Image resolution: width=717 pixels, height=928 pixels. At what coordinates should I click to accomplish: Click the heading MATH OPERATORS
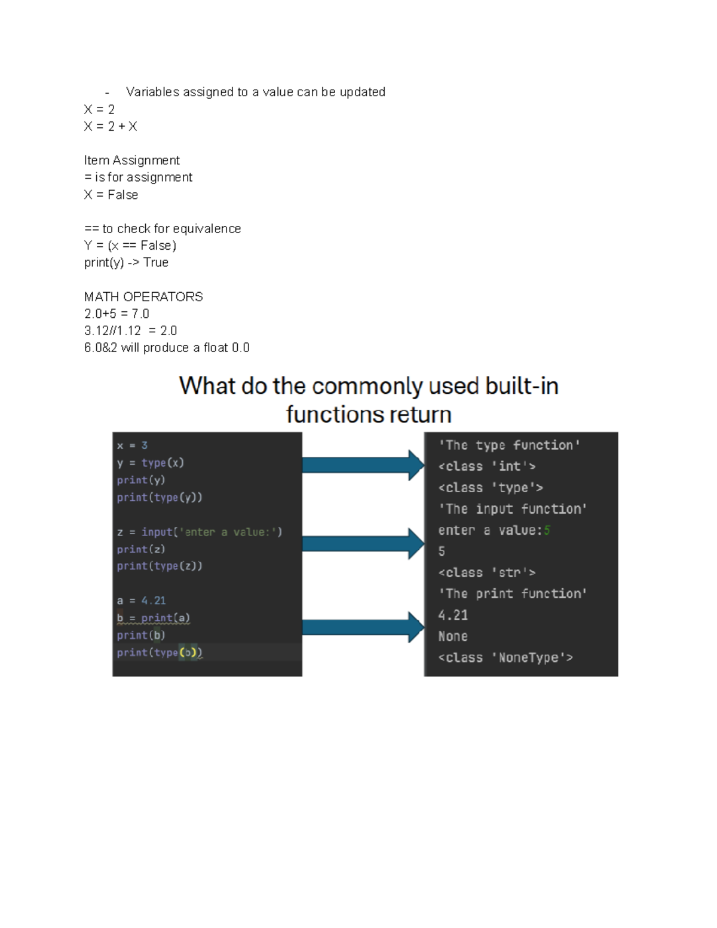tap(143, 297)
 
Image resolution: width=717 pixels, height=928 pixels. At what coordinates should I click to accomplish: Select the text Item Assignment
tap(131, 160)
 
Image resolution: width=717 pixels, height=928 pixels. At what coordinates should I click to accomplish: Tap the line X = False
tap(111, 195)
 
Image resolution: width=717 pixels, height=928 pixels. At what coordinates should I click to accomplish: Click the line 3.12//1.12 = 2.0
tap(130, 331)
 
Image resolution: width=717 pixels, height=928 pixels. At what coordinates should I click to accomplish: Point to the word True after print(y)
tap(156, 263)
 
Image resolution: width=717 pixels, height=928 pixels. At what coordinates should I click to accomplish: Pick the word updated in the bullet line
tap(362, 92)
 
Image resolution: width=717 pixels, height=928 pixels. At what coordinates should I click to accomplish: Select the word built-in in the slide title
tap(522, 386)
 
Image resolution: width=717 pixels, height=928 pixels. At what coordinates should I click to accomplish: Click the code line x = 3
tap(132, 446)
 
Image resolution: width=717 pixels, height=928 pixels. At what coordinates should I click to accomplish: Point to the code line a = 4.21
tap(141, 601)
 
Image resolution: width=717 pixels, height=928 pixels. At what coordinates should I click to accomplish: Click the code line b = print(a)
tap(154, 618)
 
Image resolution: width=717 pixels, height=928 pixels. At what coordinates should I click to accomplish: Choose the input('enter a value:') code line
tap(200, 532)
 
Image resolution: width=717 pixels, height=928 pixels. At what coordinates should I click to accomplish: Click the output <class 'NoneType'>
tap(505, 658)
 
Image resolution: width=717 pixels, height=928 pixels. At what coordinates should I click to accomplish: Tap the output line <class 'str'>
tap(486, 572)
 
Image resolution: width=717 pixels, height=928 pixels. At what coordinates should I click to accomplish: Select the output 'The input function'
tap(513, 509)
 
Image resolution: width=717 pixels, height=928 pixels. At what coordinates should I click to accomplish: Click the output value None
tap(453, 636)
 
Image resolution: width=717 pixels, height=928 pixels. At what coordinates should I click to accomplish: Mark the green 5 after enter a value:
tap(547, 530)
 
